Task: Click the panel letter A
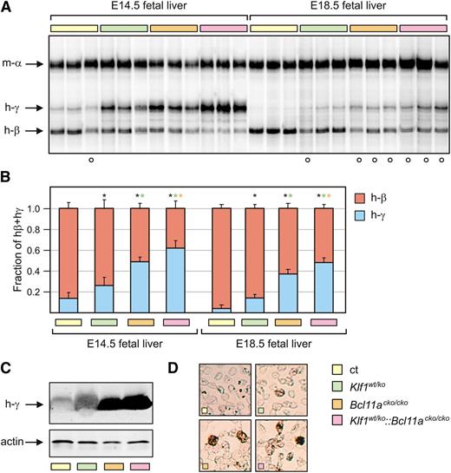coord(5,6)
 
